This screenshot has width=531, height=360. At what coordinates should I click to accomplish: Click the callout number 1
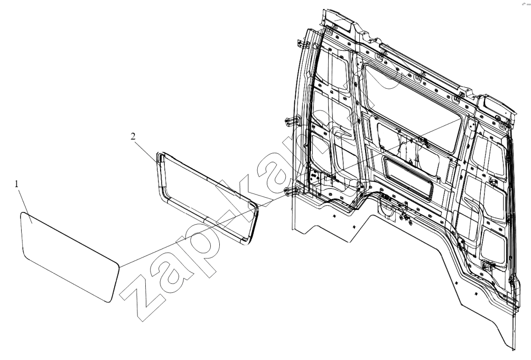click(x=16, y=184)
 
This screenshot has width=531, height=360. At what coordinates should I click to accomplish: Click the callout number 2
click(x=133, y=136)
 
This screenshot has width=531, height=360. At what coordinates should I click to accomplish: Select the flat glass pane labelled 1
click(x=69, y=256)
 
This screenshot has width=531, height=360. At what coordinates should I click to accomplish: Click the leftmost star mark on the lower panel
click(x=333, y=216)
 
